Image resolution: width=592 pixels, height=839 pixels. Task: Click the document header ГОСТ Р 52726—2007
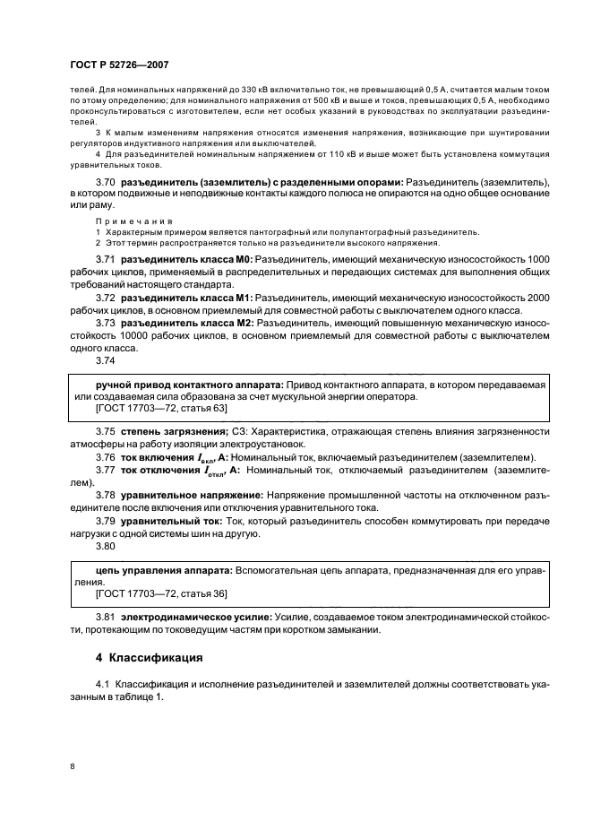(118, 65)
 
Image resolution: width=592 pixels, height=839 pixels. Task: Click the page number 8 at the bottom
(73, 765)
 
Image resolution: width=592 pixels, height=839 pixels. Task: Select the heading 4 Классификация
(149, 657)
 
